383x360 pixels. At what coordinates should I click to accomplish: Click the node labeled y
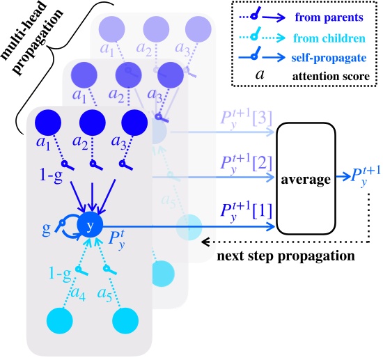point(90,225)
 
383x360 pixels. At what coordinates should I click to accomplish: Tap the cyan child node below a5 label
point(126,321)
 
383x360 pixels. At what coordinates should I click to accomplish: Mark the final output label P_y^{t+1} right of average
point(360,177)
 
